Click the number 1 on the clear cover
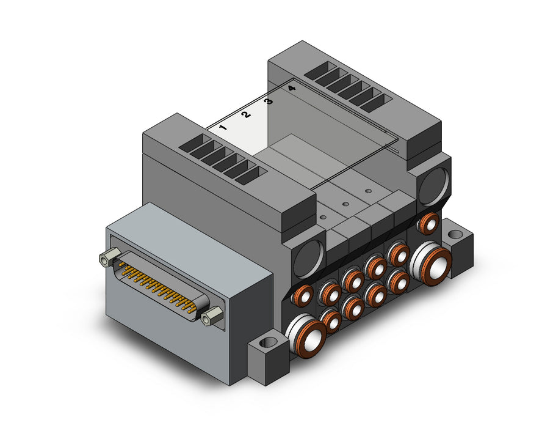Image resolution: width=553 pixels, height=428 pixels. [223, 127]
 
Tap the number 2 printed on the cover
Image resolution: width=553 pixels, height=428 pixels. [246, 114]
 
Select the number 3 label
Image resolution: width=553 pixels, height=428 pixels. [269, 101]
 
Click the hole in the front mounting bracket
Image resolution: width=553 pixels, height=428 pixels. [270, 342]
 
